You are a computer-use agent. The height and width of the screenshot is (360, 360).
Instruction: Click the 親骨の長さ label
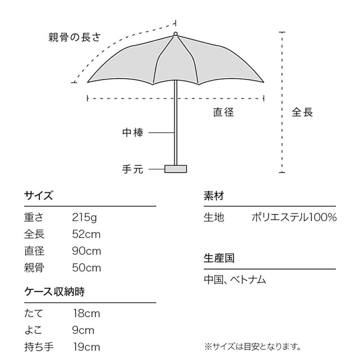click(75, 38)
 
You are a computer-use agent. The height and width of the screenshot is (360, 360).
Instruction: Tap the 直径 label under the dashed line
click(223, 112)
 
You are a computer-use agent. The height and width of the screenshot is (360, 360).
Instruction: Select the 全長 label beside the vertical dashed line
click(302, 112)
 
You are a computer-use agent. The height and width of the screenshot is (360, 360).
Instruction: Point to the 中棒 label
click(133, 133)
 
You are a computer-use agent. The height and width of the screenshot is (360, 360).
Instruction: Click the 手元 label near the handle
click(133, 168)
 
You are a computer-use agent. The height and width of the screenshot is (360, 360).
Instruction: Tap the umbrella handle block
click(175, 168)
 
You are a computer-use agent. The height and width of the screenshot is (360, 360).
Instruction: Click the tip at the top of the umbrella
click(175, 34)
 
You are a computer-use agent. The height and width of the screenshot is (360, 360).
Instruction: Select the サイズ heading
click(38, 196)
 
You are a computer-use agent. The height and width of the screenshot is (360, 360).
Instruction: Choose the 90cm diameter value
click(87, 251)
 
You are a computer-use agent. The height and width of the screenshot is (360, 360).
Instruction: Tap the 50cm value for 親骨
click(87, 268)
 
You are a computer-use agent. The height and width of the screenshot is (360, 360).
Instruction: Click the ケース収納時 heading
click(55, 292)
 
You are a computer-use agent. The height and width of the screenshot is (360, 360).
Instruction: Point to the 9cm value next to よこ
click(83, 330)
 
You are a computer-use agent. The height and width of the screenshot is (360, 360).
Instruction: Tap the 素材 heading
click(214, 196)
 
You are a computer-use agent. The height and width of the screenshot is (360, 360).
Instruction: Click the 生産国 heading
click(219, 258)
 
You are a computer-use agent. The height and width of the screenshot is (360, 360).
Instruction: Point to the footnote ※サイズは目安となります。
click(252, 346)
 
